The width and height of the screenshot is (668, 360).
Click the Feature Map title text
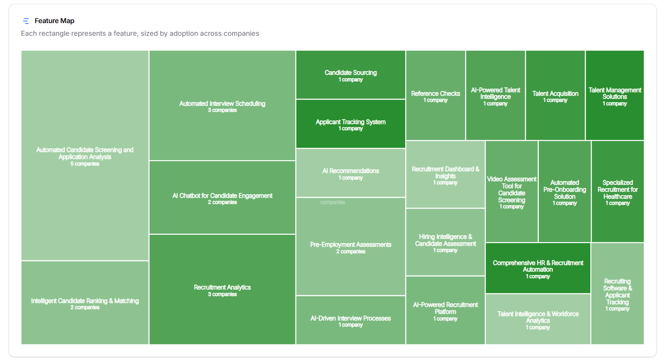[x=54, y=21]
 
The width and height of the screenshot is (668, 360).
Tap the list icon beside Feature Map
[x=26, y=21]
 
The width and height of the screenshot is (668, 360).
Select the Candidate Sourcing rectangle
[x=350, y=75]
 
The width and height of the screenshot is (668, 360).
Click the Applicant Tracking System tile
[x=350, y=124]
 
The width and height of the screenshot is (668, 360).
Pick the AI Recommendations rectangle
[x=350, y=173]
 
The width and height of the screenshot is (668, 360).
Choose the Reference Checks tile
[x=435, y=96]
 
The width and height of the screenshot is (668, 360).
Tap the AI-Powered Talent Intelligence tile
[x=495, y=96]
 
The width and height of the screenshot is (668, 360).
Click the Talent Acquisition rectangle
[x=555, y=96]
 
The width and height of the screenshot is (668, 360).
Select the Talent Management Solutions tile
[x=614, y=96]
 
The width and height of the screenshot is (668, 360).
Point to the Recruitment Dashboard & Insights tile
[x=445, y=175]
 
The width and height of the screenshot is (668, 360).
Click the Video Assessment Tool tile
[x=511, y=192]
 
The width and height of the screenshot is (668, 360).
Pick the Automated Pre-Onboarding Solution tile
[x=564, y=192]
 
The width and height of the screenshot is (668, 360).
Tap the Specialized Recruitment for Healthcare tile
[x=617, y=192]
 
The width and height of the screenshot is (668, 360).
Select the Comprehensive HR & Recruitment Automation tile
[x=538, y=268]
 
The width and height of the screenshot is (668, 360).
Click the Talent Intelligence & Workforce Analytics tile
[x=538, y=319]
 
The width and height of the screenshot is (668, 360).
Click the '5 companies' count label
[x=85, y=164]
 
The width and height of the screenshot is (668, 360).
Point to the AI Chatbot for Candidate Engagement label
[x=222, y=195]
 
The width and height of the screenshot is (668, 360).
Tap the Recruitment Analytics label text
[x=222, y=287]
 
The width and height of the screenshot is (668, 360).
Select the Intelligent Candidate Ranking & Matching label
[x=85, y=301]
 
